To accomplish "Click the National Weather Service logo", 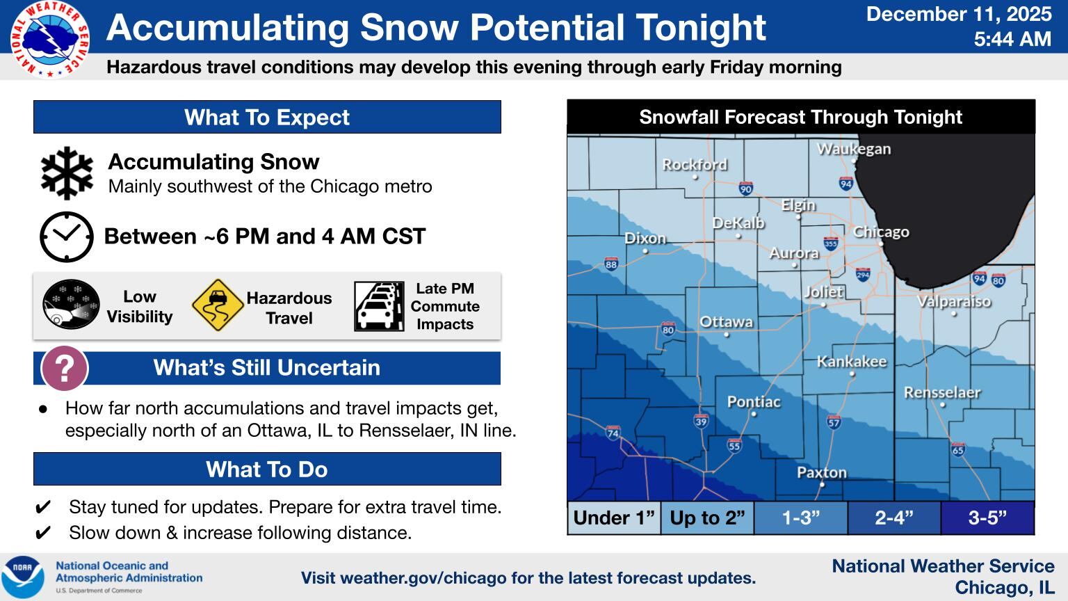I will tap(49, 39).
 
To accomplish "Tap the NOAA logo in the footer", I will tap(22, 577).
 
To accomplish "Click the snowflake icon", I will tap(67, 173).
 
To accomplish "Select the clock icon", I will tap(66, 237).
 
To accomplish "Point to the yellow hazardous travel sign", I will tap(217, 305).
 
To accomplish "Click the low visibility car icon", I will tap(71, 305).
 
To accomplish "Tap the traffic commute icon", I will tap(379, 306).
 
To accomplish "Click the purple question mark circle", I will tap(65, 369).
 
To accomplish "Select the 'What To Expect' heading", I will tap(267, 117).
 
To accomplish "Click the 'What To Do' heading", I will tap(267, 469).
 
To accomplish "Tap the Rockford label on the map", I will tap(695, 165).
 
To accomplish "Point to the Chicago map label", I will tap(881, 232).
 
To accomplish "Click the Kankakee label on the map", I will tap(851, 361).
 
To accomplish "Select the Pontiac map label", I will tap(754, 401).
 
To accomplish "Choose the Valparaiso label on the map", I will tap(953, 301).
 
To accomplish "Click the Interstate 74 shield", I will tap(613, 433).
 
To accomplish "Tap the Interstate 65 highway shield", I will tap(957, 449).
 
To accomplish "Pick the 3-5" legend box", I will tap(987, 518).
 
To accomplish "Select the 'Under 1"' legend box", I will tap(614, 518).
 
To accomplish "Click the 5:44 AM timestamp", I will tap(1012, 40).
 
